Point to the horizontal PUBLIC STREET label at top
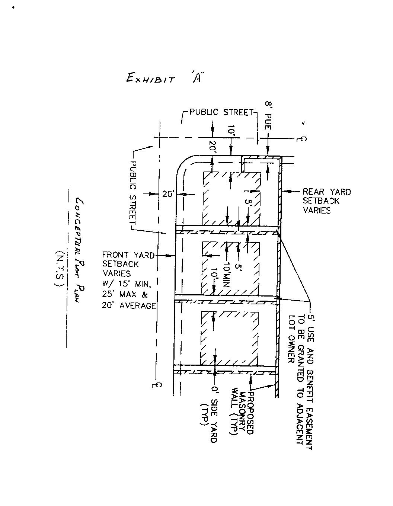point(221,112)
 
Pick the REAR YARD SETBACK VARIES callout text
point(326,201)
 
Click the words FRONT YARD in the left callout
point(128,255)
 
